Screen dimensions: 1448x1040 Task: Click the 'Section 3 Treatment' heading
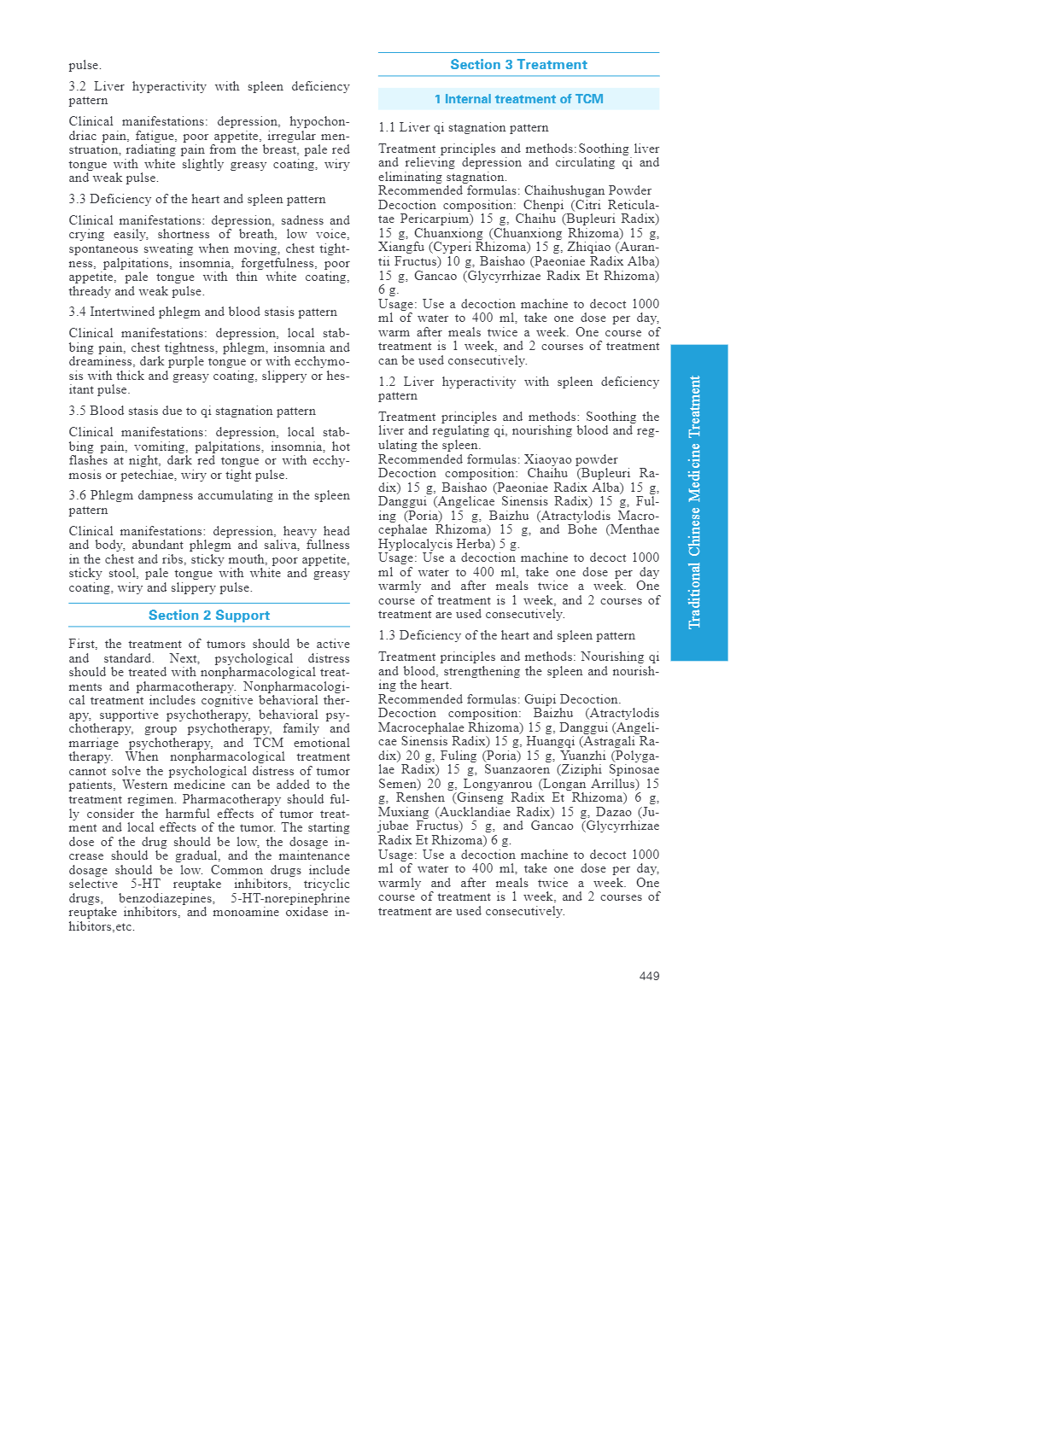(x=518, y=65)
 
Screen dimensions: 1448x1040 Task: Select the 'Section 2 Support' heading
(x=209, y=616)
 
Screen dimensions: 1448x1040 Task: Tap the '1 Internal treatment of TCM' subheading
(x=518, y=99)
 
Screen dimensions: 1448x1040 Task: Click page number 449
(x=649, y=976)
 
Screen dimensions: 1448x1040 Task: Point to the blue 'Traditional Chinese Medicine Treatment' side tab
(x=698, y=502)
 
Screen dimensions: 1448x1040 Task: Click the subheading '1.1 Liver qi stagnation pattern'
(x=463, y=127)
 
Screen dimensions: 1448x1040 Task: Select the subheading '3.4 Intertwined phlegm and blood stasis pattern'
(x=202, y=312)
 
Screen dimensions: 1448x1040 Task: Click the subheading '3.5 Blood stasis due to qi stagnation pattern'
(x=192, y=411)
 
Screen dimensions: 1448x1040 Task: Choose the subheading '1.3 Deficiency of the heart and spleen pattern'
(x=506, y=635)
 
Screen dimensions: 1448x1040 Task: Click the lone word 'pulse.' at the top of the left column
(x=85, y=65)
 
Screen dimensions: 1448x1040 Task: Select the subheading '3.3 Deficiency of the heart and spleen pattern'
(x=197, y=199)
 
